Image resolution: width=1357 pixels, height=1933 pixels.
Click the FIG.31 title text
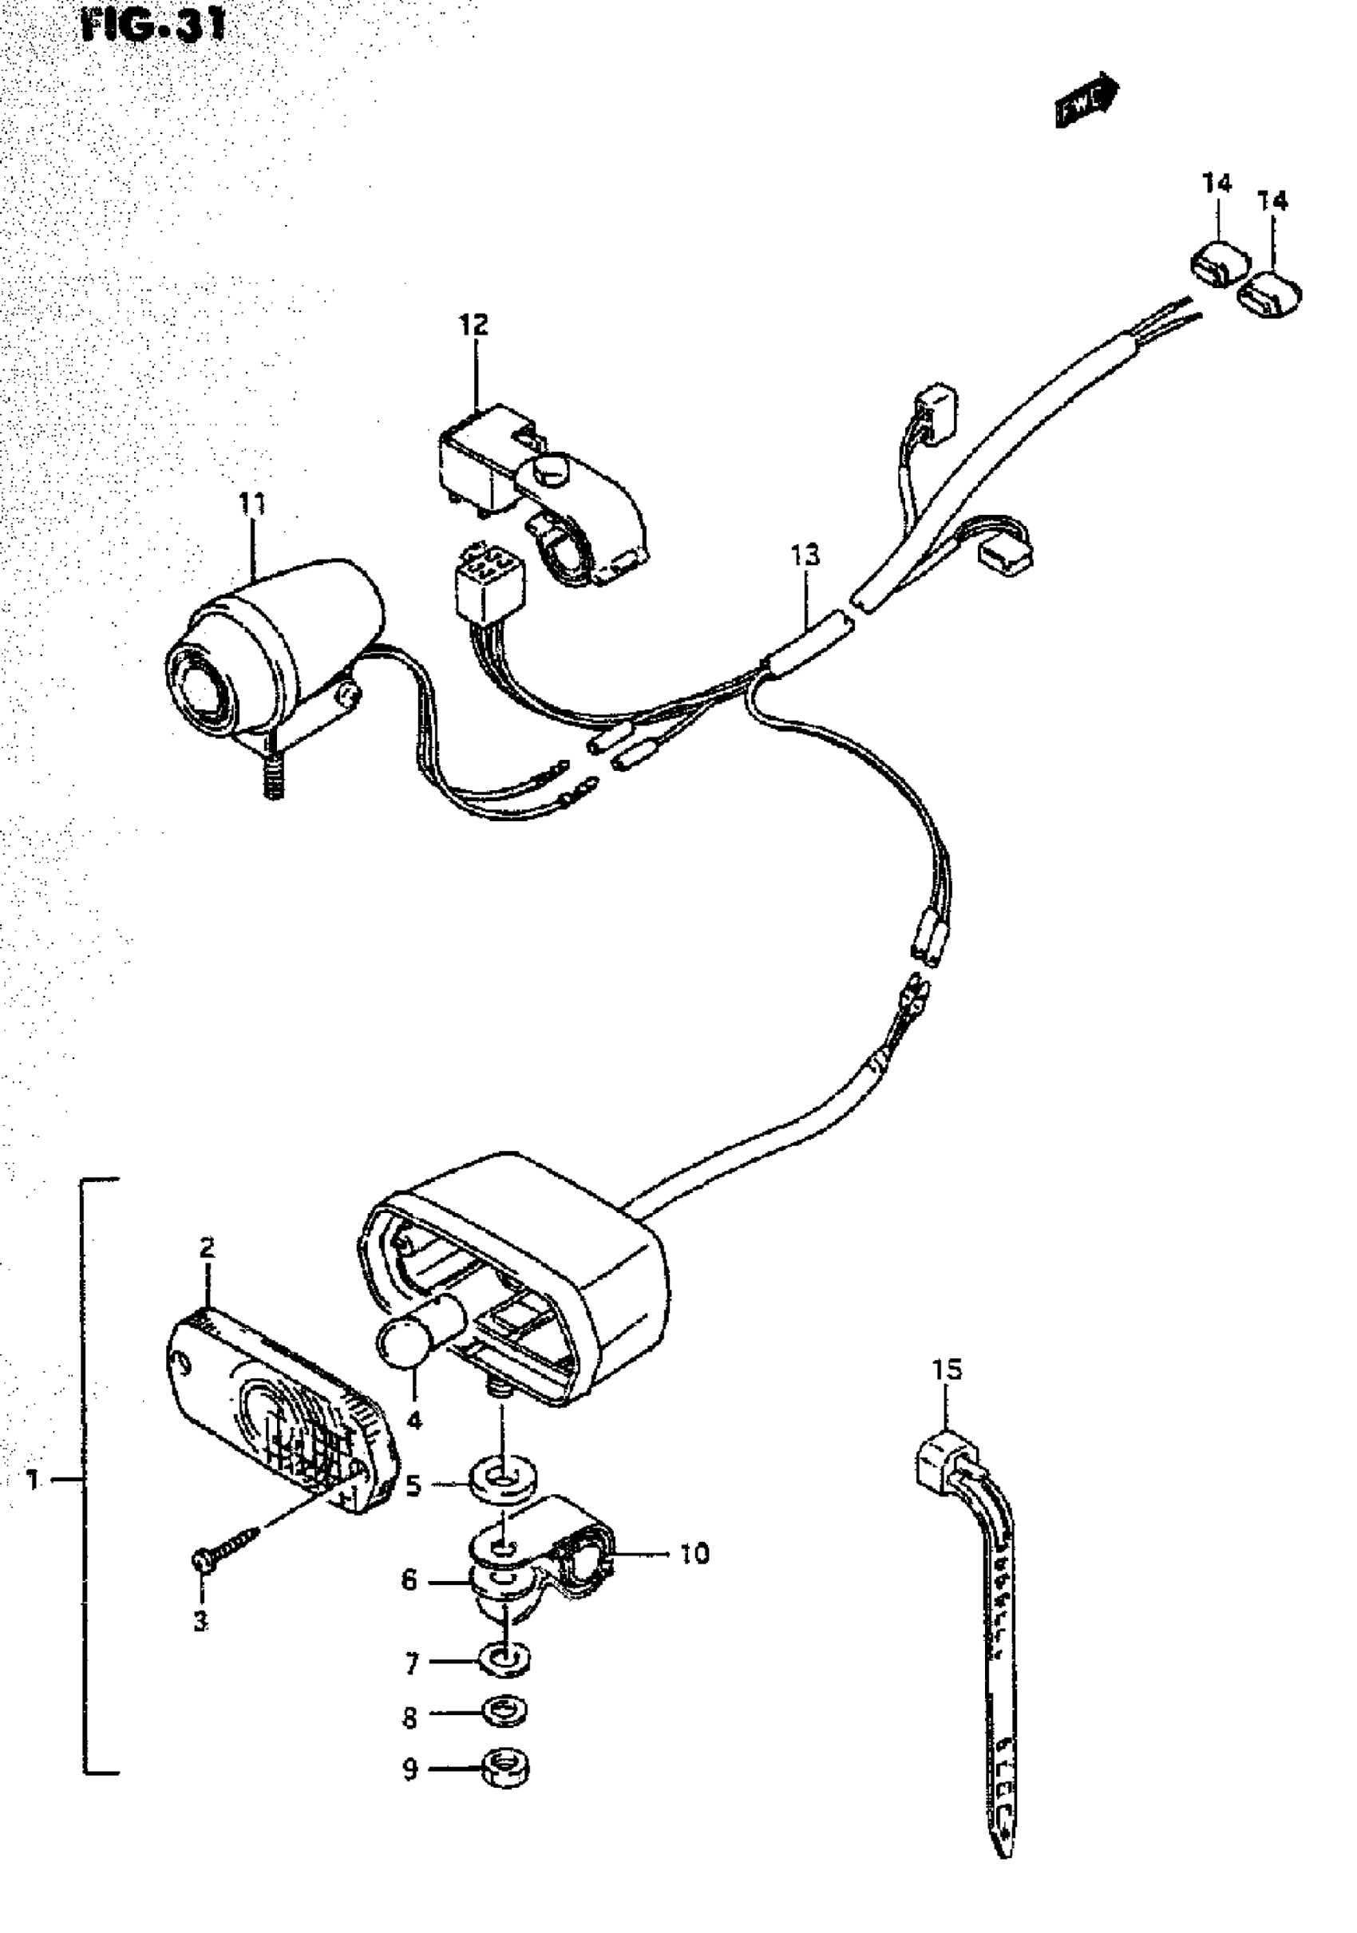pyautogui.click(x=154, y=26)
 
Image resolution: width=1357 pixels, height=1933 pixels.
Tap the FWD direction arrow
pyautogui.click(x=1086, y=101)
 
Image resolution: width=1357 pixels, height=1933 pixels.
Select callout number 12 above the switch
pyautogui.click(x=474, y=324)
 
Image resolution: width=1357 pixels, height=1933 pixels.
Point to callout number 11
pyautogui.click(x=251, y=504)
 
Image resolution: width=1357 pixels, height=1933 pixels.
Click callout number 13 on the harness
pyautogui.click(x=805, y=555)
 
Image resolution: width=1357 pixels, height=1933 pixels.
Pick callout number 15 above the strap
pyautogui.click(x=946, y=1370)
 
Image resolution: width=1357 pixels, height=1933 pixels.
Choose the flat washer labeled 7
pyautogui.click(x=504, y=1658)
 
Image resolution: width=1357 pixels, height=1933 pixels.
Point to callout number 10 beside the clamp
pyautogui.click(x=694, y=1553)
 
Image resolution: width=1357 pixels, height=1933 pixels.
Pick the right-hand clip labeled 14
pyautogui.click(x=1270, y=294)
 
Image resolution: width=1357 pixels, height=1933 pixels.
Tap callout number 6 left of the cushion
pyautogui.click(x=409, y=1580)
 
